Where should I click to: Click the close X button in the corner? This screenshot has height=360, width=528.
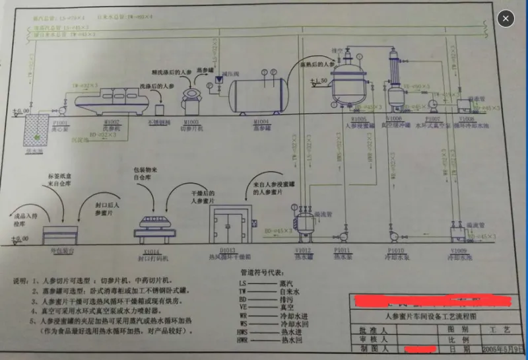506,18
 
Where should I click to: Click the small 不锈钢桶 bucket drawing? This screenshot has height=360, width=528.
158,110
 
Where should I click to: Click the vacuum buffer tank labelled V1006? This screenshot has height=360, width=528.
397,98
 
